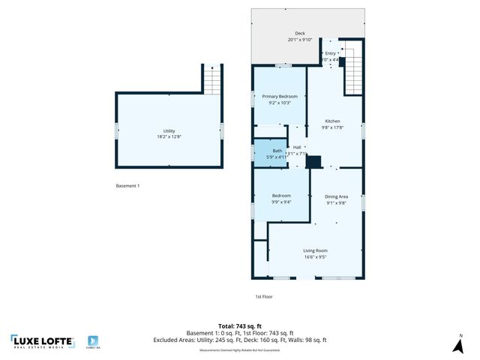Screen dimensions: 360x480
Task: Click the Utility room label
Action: coord(169,131)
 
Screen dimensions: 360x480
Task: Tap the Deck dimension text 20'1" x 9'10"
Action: coord(300,40)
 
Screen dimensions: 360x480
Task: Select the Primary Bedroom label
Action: coord(280,97)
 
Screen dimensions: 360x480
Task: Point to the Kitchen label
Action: coord(332,121)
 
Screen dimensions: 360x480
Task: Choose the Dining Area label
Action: coord(337,196)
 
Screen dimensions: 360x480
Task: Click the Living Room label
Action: coord(315,250)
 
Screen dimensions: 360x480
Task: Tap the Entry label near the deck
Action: coord(331,53)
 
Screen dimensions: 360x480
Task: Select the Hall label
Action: coord(297,147)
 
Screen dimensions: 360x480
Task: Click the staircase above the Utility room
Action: coord(213,78)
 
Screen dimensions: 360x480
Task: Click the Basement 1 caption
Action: coord(127,186)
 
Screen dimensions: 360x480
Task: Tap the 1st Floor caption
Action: coord(263,296)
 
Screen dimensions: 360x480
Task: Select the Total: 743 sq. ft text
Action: coord(240,326)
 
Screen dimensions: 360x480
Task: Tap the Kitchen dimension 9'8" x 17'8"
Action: coord(332,127)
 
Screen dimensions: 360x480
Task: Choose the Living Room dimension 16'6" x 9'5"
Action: coord(315,257)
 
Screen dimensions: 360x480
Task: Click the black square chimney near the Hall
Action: coord(314,160)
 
